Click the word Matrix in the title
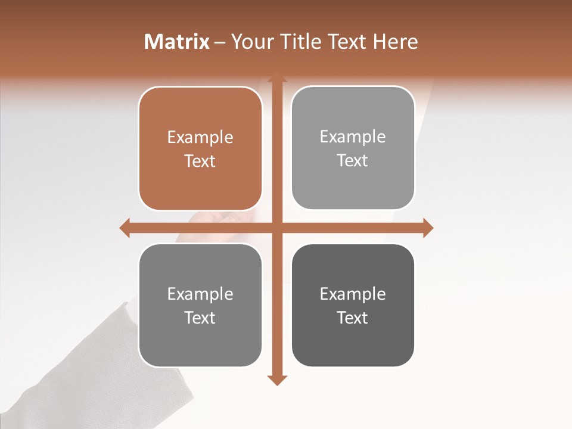pyautogui.click(x=177, y=42)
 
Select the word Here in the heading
pyautogui.click(x=395, y=42)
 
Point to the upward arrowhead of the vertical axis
pyautogui.click(x=276, y=77)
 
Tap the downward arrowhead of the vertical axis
pyautogui.click(x=276, y=380)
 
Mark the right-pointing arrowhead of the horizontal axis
pyautogui.click(x=428, y=228)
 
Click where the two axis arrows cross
pyautogui.click(x=276, y=228)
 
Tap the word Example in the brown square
pyautogui.click(x=200, y=138)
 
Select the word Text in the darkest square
pyautogui.click(x=353, y=318)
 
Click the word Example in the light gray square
pyautogui.click(x=353, y=137)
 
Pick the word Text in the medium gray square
pyautogui.click(x=200, y=318)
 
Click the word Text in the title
pyautogui.click(x=347, y=42)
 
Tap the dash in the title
pyautogui.click(x=220, y=42)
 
